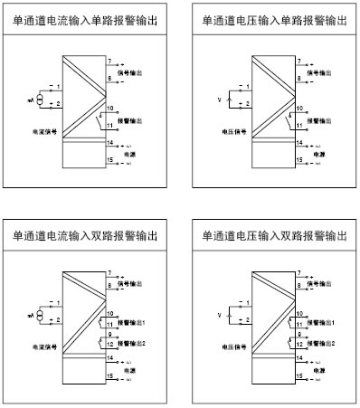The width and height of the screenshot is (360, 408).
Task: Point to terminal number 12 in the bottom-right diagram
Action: [293, 345]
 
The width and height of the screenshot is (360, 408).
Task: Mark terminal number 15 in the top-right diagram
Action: [293, 160]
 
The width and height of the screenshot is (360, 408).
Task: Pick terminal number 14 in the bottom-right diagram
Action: [293, 358]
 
